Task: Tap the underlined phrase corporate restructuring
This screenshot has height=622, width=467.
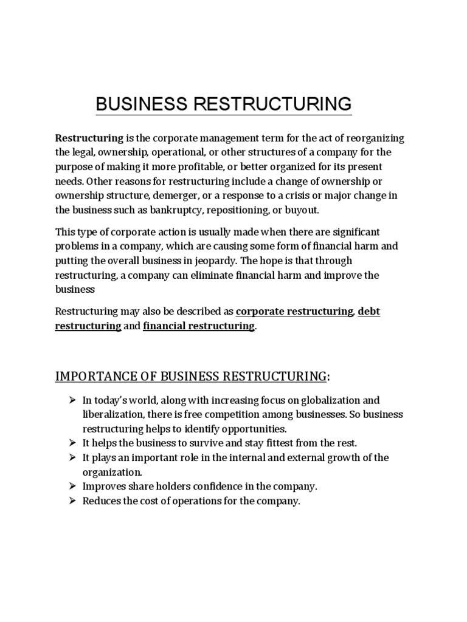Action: pos(294,312)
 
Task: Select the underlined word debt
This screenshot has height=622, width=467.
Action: pos(369,312)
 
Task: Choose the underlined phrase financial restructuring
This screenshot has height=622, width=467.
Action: pos(199,326)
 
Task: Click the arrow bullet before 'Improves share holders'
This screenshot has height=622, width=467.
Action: pos(71,487)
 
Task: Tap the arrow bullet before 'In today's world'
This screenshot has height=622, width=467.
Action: pos(71,400)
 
